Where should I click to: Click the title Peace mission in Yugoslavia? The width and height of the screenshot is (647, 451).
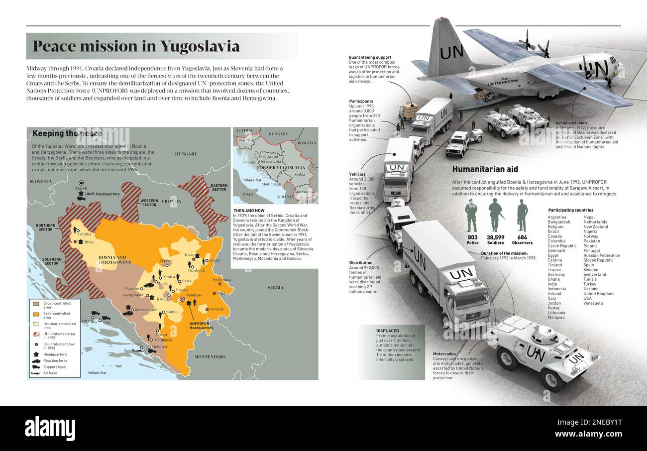pos(136,46)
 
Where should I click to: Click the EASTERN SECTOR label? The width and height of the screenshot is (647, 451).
pos(219,187)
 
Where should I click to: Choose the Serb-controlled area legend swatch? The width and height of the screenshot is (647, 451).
pos(36,314)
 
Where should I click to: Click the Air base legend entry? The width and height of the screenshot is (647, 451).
pos(50,373)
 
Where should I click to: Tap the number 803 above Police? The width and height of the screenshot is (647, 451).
pos(472,237)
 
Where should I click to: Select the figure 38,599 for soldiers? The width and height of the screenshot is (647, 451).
pos(495,237)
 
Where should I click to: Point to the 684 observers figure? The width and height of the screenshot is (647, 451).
pos(522,237)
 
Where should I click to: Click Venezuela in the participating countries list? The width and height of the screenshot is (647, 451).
pos(593,303)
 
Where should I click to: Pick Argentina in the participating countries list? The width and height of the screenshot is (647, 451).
pos(557,218)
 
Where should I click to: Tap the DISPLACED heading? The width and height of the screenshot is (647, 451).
pos(388,330)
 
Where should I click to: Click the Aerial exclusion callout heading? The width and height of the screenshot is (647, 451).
pos(571,122)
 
